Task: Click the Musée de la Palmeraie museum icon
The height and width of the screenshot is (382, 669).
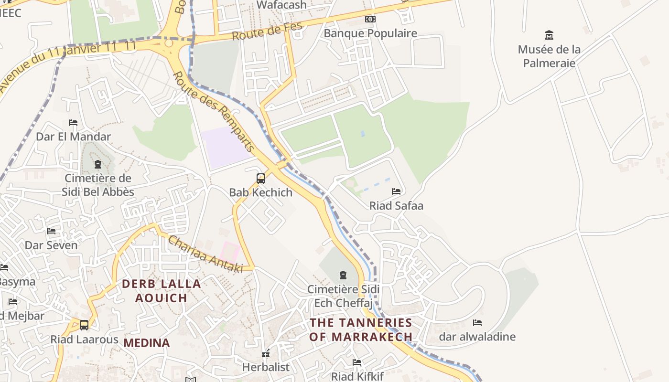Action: [x=549, y=35]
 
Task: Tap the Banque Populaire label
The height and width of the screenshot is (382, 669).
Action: [x=370, y=33]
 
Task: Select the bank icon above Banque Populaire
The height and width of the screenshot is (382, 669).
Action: [x=370, y=19]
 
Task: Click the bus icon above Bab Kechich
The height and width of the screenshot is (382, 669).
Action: [x=260, y=179]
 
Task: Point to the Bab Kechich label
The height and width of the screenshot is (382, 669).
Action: [x=260, y=192]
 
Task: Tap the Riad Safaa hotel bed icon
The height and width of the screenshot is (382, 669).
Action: [x=396, y=191]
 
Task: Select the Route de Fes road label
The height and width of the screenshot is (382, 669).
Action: [x=268, y=32]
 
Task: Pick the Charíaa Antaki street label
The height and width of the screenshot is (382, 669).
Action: [x=205, y=255]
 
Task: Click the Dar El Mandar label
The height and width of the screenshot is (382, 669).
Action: [x=73, y=137]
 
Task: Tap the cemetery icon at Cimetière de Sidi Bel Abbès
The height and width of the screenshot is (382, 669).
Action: [x=98, y=165]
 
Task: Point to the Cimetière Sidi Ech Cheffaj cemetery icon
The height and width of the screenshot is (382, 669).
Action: [x=343, y=275]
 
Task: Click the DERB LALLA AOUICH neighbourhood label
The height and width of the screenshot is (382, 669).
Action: [x=161, y=291]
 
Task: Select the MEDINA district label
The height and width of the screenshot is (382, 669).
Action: [x=147, y=343]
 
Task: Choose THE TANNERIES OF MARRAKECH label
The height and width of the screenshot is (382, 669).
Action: [x=361, y=329]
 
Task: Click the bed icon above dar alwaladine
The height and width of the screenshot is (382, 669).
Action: [x=477, y=323]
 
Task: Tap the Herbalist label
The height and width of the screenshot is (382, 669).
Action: [x=266, y=367]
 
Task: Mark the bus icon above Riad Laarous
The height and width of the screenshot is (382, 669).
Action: [x=84, y=325]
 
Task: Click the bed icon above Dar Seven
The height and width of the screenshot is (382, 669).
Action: [x=51, y=231]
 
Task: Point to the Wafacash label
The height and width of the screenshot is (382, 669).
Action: [x=281, y=5]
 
